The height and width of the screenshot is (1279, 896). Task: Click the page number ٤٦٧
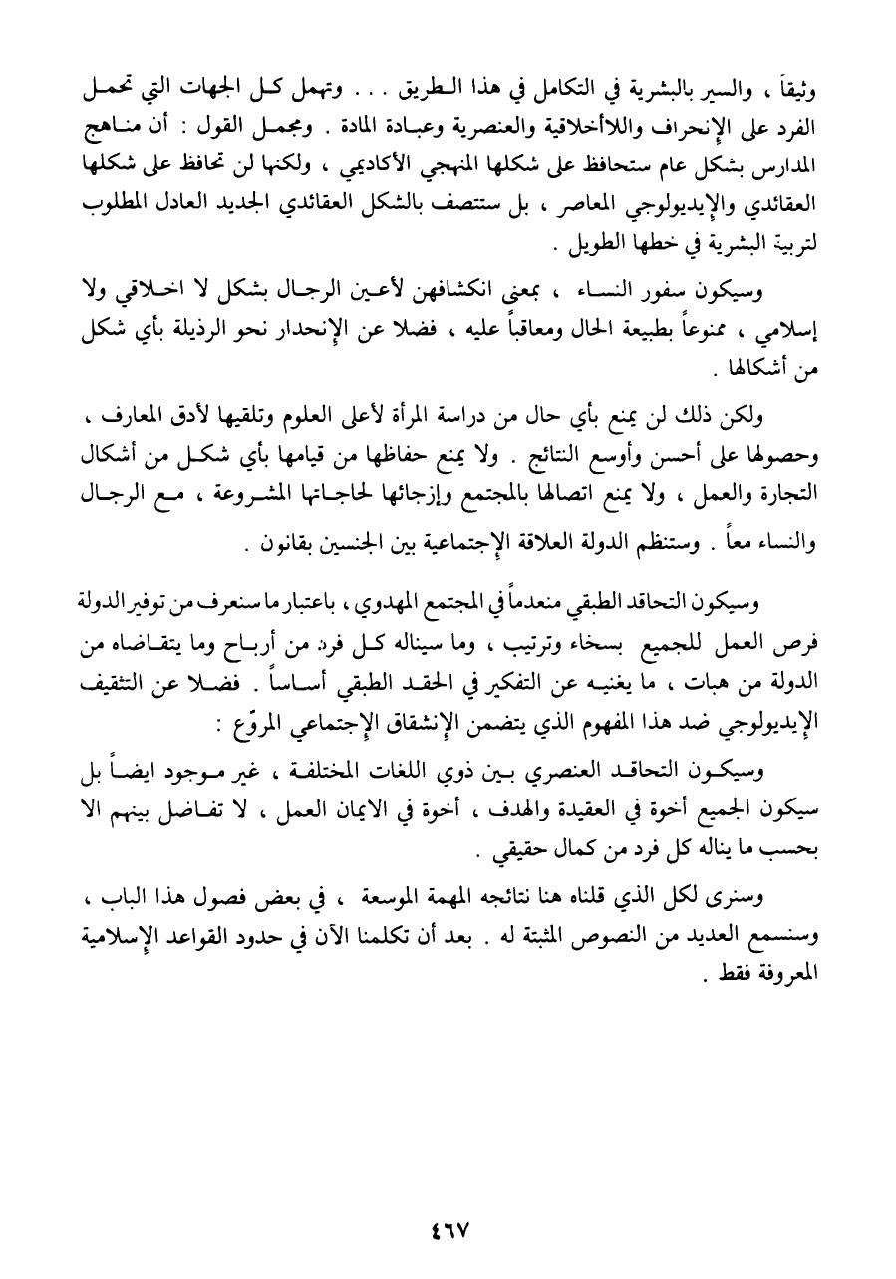point(448,1228)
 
